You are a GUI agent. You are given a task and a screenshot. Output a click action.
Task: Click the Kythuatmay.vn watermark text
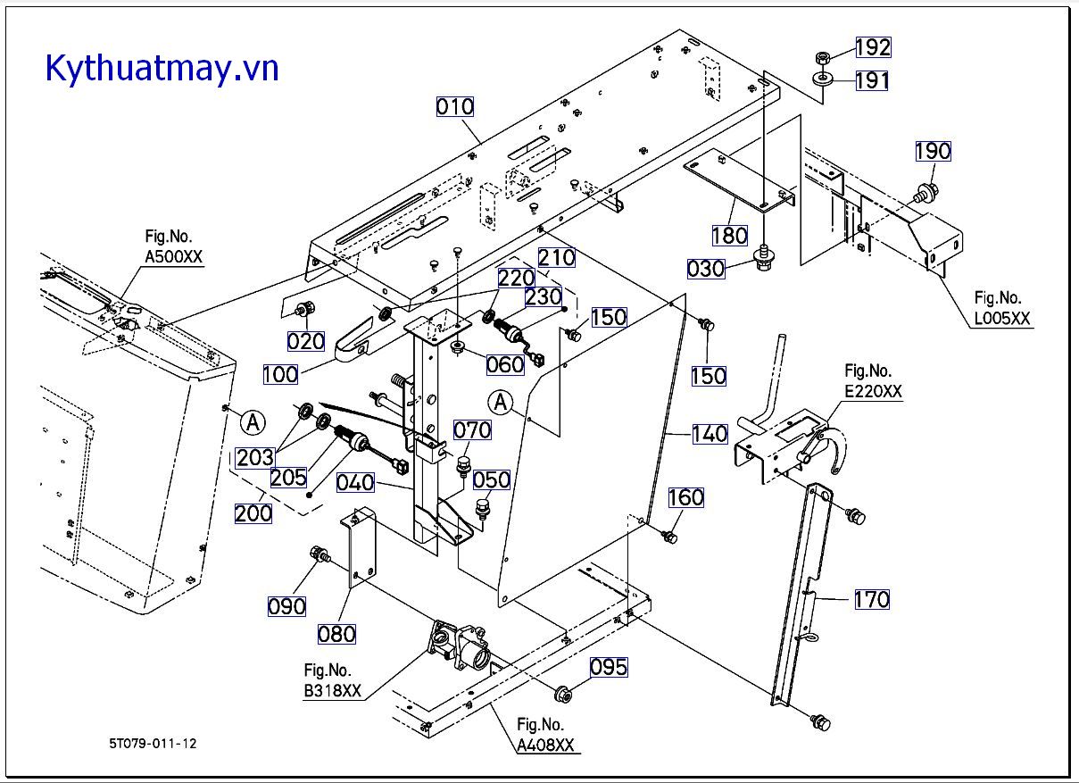point(162,68)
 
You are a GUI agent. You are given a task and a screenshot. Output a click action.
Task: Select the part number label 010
point(455,107)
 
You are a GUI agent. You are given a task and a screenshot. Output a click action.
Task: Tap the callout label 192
point(873,47)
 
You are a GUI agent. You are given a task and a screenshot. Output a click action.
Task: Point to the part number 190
point(933,151)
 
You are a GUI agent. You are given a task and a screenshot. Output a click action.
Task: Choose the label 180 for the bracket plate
point(729,236)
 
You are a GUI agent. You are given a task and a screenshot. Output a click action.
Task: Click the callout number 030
point(705,268)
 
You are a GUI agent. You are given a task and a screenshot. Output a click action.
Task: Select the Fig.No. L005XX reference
point(1001,308)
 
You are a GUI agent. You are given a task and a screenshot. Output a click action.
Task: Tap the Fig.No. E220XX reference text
point(873,381)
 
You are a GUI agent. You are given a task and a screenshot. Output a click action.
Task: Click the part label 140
point(710,435)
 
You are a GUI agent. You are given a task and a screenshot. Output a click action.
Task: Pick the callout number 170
point(871,599)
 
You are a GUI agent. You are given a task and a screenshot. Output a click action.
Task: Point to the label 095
point(608,667)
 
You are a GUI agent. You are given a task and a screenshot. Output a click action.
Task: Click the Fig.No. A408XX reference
point(545,736)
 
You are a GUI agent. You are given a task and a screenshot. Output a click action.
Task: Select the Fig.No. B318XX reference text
point(333,681)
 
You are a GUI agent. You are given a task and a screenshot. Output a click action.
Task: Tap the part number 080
point(336,634)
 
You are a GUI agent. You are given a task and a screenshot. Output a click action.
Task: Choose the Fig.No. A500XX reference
point(173,247)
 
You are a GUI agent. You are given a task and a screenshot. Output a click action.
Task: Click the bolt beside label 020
point(301,309)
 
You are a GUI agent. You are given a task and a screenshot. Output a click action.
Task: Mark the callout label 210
point(557,258)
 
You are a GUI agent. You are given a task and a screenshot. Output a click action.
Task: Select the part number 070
point(472,431)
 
